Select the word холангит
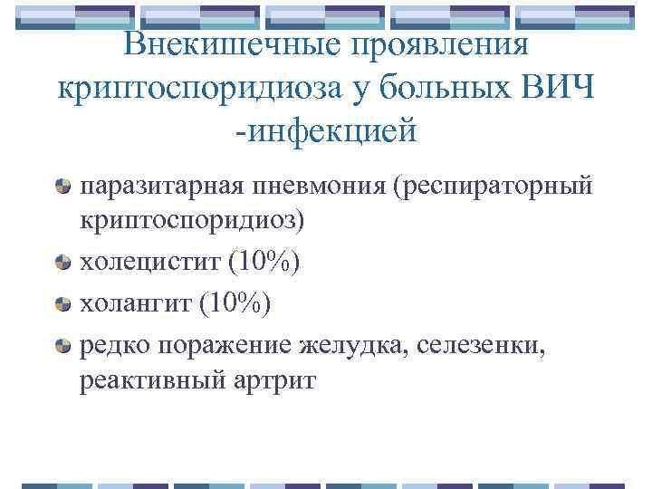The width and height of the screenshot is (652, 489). pos(134,304)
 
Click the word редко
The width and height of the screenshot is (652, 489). pos(114,344)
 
